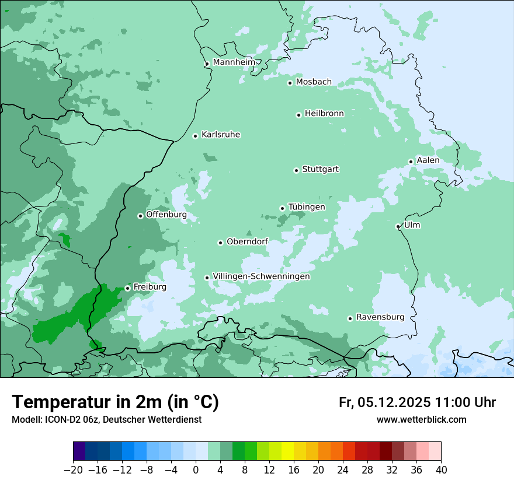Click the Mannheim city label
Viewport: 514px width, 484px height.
[234, 62]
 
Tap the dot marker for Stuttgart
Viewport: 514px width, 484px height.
[296, 170]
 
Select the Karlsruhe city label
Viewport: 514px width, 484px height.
[221, 135]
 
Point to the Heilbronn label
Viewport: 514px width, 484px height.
[324, 114]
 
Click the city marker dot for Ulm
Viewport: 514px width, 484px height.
[398, 226]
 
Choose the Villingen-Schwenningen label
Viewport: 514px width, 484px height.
[261, 276]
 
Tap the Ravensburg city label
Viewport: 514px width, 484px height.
[380, 317]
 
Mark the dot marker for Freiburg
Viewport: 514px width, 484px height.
[127, 288]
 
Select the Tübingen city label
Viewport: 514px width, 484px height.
[307, 207]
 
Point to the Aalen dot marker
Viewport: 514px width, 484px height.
[411, 162]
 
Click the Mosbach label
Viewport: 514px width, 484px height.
[314, 82]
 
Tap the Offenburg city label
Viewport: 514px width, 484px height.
[166, 215]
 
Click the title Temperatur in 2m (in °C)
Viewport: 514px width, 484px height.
[115, 402]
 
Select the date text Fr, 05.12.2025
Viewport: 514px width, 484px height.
[384, 402]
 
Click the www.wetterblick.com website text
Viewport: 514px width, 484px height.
[421, 419]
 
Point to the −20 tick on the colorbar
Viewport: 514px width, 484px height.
[73, 470]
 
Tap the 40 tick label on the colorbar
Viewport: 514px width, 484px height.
[441, 470]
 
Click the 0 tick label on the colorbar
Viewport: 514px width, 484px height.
[196, 470]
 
